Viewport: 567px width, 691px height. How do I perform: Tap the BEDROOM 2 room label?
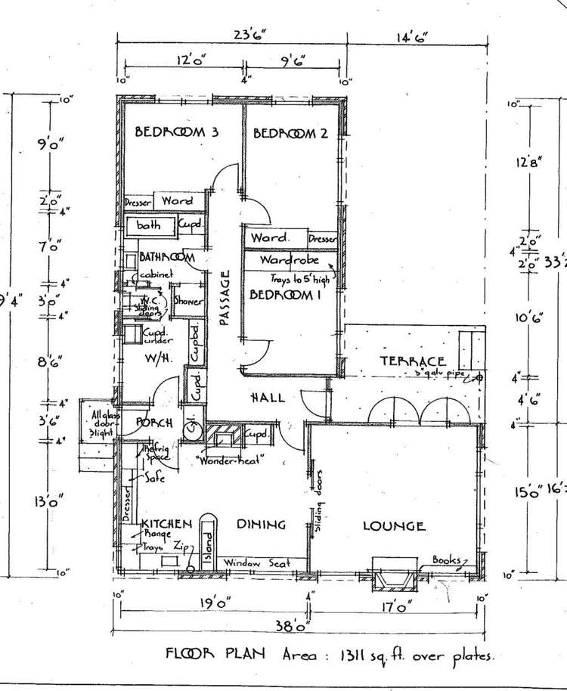pos(290,134)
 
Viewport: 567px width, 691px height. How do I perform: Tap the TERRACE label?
pos(412,361)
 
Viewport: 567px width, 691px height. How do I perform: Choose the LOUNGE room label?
pos(393,526)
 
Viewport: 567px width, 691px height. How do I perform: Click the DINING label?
pos(261,524)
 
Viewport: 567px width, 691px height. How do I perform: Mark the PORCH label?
pos(156,422)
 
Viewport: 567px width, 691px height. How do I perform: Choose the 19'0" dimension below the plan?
pos(215,603)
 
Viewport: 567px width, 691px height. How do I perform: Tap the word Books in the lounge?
pos(447,560)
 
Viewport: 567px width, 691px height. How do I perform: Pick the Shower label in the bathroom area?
pos(188,301)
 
